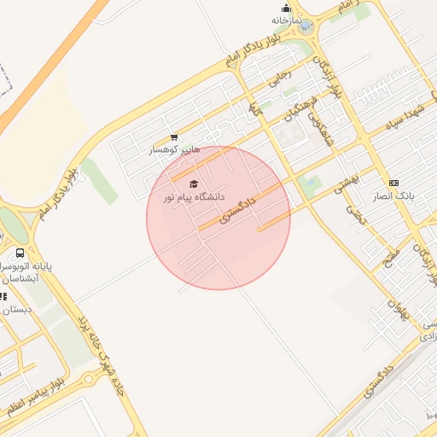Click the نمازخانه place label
coord(288,20)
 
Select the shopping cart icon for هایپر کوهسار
coord(174,137)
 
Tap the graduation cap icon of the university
coord(194,184)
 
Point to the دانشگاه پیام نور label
coord(195,198)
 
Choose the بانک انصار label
coord(393,195)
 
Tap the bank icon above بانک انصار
coord(393,183)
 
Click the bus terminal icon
coord(20,253)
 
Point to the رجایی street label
coord(280,79)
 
